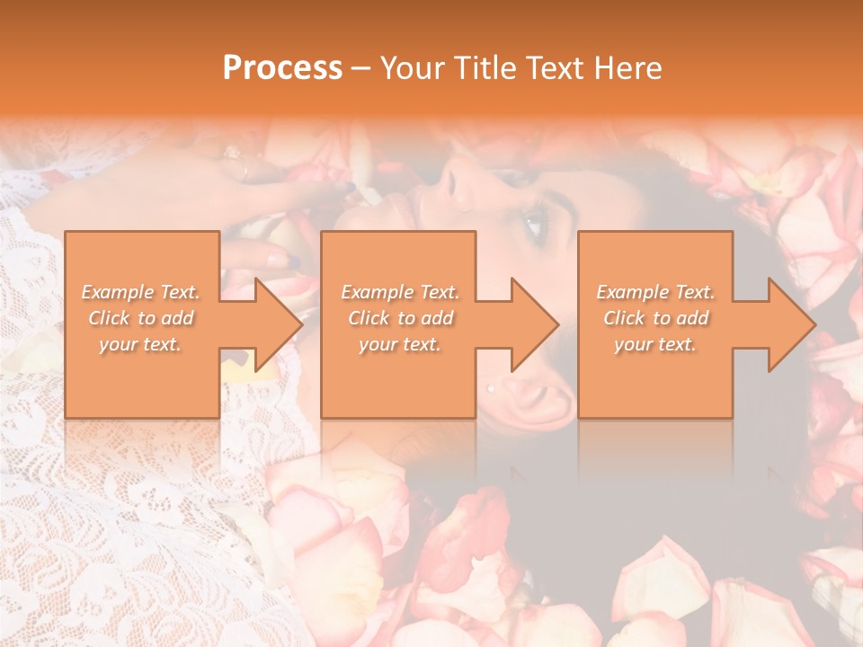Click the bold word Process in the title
tap(282, 68)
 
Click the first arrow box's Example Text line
tap(140, 292)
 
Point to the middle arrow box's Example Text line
tap(399, 292)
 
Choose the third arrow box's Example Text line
tap(655, 292)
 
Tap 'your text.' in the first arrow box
tap(140, 344)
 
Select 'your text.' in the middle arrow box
tap(399, 344)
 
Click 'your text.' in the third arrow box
tap(655, 344)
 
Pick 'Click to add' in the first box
tap(140, 318)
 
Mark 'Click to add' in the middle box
tap(399, 318)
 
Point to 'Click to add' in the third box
tap(655, 318)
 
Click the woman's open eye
tap(534, 221)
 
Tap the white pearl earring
tap(490, 388)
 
